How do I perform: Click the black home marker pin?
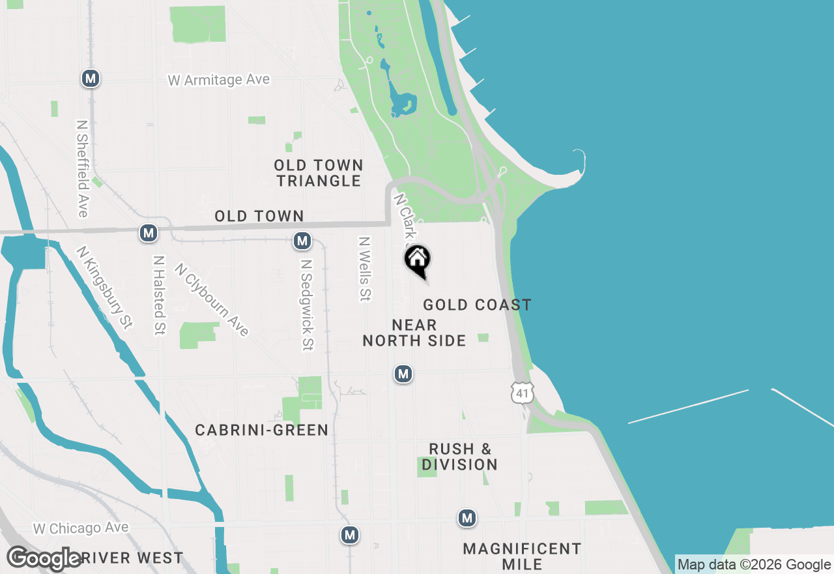tap(418, 260)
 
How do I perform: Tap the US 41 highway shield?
tap(522, 393)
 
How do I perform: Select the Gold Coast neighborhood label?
tap(477, 305)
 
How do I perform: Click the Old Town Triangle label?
tap(319, 173)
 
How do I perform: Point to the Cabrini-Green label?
tap(262, 430)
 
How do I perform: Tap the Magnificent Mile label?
tap(522, 556)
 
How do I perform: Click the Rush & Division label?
tap(459, 457)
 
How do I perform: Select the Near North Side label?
tap(414, 333)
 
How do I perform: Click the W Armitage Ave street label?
tap(219, 80)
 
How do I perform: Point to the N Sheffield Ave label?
tap(82, 168)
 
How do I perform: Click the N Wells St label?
tap(364, 269)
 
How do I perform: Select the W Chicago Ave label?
tap(81, 528)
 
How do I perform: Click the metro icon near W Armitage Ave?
tap(90, 79)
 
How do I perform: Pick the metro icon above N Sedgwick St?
tap(302, 241)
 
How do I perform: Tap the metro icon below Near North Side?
tap(403, 374)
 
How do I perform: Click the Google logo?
tap(44, 559)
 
